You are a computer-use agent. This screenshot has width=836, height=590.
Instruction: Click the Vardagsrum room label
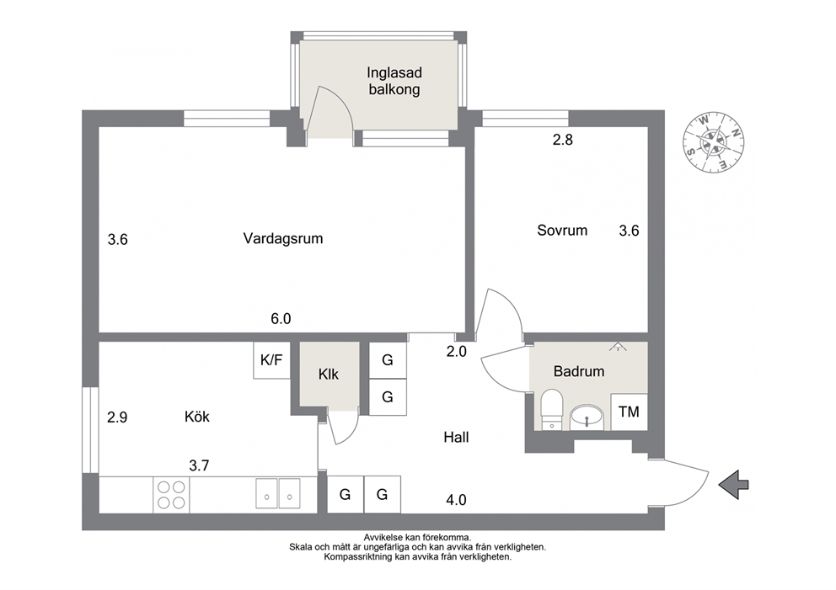[x=283, y=238]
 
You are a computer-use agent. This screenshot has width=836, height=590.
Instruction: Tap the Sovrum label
[x=562, y=231]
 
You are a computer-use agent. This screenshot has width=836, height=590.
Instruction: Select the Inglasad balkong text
[x=394, y=81]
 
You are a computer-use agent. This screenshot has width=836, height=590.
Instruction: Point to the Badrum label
[x=579, y=371]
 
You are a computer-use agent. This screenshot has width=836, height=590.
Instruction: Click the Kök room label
[x=196, y=417]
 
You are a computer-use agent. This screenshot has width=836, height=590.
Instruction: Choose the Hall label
[x=457, y=438]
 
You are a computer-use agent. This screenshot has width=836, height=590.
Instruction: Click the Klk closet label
[x=329, y=375]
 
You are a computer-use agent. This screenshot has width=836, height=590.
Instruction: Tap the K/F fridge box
[x=271, y=360]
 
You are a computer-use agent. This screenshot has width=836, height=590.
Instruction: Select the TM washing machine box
[x=630, y=412]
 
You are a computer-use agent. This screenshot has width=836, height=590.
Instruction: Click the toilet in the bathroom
[x=552, y=409]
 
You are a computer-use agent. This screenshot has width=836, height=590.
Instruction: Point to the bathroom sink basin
[x=587, y=417]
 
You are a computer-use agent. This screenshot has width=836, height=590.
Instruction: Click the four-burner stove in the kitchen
[x=171, y=495]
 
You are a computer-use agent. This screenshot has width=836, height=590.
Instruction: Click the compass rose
[x=713, y=143]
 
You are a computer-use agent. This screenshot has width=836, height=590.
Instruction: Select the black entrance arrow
[x=734, y=485]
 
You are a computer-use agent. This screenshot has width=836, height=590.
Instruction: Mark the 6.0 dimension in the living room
[x=281, y=319]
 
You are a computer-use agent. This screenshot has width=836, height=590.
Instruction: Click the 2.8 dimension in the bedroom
[x=562, y=140]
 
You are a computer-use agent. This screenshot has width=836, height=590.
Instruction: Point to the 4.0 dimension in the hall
[x=457, y=500]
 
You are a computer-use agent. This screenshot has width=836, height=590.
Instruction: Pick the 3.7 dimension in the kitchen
[x=199, y=466]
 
